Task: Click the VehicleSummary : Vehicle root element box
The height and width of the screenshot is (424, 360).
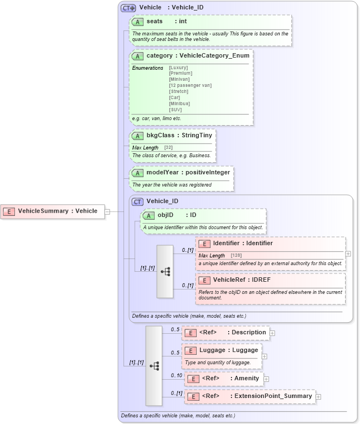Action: point(53,211)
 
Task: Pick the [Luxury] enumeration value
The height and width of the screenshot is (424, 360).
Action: point(178,68)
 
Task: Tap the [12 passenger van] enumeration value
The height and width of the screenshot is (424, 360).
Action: point(190,85)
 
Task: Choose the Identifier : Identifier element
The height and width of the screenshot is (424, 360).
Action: point(242,243)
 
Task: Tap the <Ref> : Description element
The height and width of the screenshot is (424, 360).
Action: point(226,333)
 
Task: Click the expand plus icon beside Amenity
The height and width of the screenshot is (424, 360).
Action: point(266,379)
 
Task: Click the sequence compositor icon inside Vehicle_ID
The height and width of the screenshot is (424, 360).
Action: point(165,272)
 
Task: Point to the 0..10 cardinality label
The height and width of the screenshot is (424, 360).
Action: point(176,376)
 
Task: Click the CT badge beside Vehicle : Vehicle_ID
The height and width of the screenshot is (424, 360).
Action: point(128,8)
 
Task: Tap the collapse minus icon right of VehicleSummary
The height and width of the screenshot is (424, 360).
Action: point(107,211)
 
